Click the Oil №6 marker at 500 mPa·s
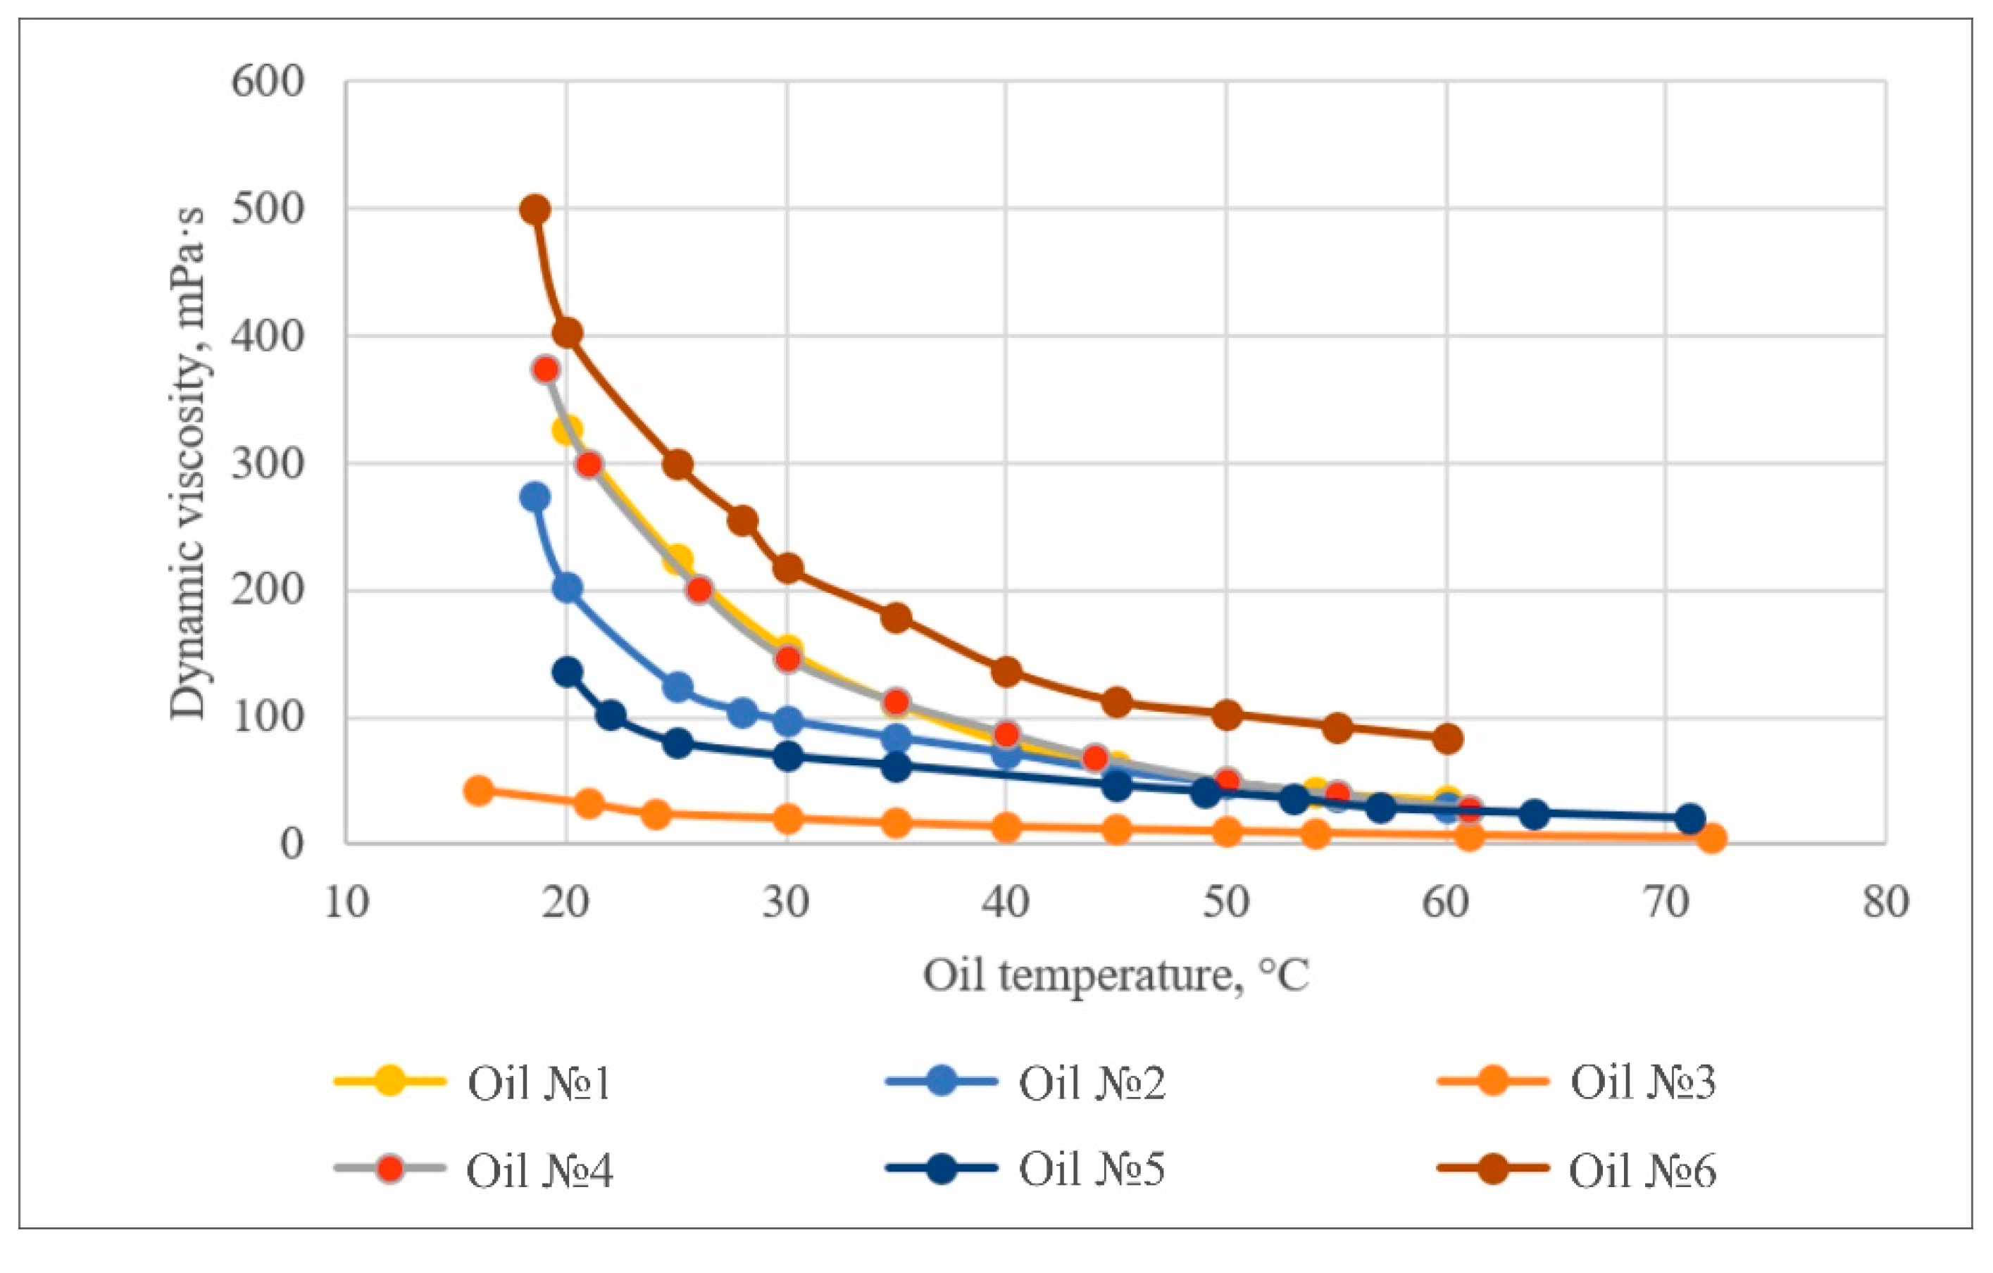[x=535, y=209]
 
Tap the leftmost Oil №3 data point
[x=478, y=791]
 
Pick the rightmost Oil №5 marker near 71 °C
[x=1690, y=819]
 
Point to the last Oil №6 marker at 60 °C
[x=1447, y=739]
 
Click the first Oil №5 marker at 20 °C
[x=567, y=672]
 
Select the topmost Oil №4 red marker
[x=545, y=369]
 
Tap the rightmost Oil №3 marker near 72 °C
[x=1711, y=839]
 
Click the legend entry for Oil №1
[x=473, y=1081]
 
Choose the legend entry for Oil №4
[x=473, y=1169]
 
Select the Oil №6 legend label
[x=1642, y=1169]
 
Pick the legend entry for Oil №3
[x=1576, y=1081]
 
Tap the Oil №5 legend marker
[x=941, y=1169]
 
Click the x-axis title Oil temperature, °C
[x=1116, y=977]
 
